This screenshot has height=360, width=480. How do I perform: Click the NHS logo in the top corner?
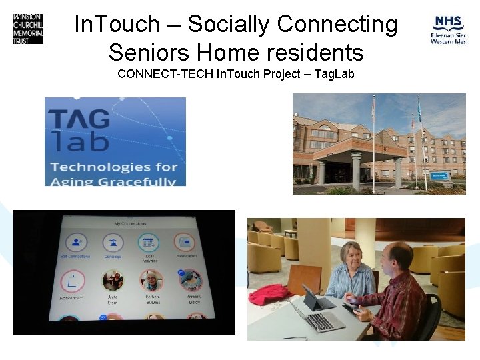click(447, 30)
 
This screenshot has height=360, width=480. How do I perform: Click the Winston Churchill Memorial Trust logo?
click(28, 28)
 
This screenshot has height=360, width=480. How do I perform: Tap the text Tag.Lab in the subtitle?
click(335, 73)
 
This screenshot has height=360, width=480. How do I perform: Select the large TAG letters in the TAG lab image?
click(79, 119)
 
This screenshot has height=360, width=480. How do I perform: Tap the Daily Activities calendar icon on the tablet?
click(149, 243)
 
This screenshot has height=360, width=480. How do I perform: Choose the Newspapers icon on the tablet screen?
click(184, 243)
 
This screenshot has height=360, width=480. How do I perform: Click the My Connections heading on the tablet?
click(130, 223)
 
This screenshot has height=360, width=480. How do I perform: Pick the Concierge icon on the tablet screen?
click(113, 243)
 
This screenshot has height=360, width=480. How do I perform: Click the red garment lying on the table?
click(270, 293)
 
